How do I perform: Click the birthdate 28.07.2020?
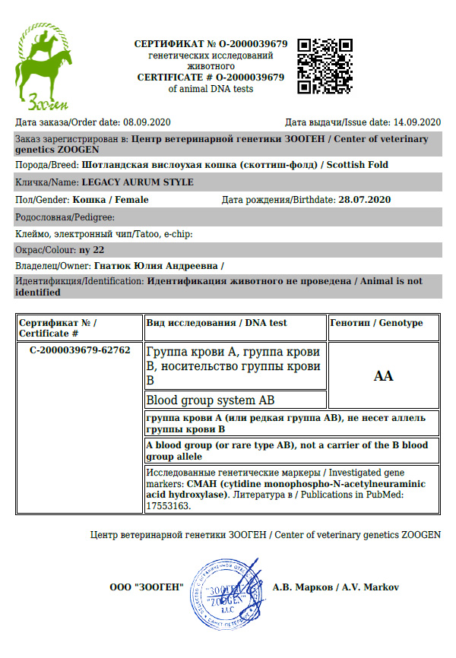pos(364,200)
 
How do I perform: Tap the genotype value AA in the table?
pos(384,376)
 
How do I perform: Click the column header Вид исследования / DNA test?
pos(217,323)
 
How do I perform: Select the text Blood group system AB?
pos(210,400)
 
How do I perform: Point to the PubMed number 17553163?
pos(169,505)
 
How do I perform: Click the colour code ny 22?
pos(91,249)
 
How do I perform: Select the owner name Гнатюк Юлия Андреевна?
pos(156,266)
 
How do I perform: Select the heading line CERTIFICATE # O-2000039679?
pos(211,78)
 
